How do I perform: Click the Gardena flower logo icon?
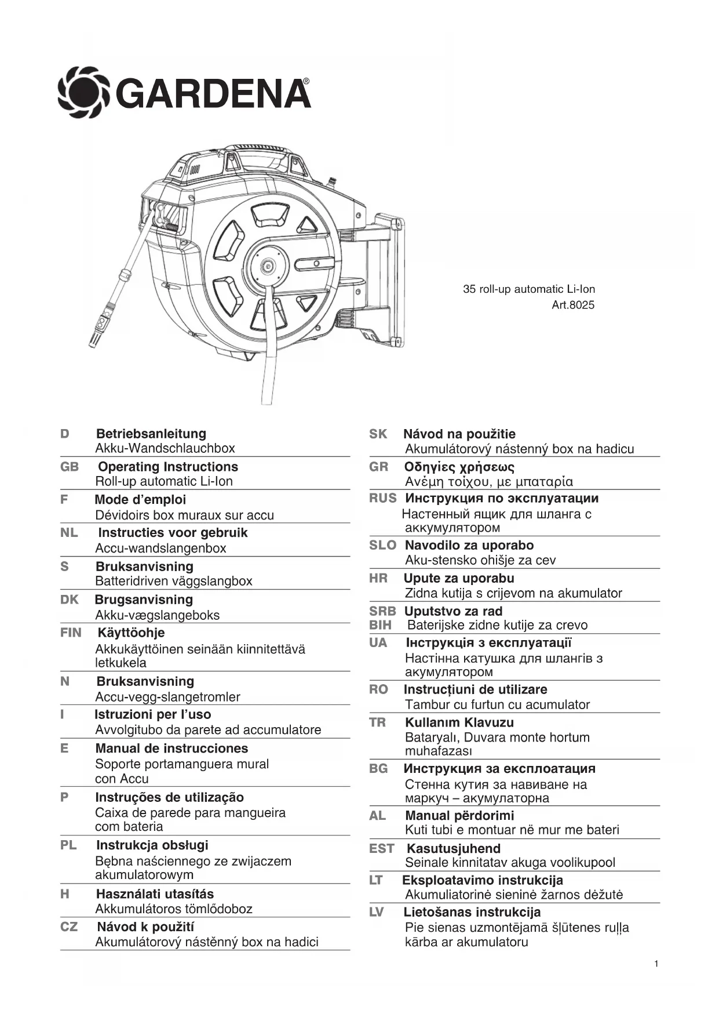point(84,93)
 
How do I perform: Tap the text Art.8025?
point(572,305)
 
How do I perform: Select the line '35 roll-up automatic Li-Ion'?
point(528,289)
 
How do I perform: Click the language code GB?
point(70,467)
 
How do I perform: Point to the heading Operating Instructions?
point(168,467)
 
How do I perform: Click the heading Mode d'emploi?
point(140,500)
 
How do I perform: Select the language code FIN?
point(71,633)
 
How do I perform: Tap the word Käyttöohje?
point(131,633)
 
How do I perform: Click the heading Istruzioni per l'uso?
point(153,714)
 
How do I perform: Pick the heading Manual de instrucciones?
point(171,748)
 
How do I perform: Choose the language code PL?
point(68,845)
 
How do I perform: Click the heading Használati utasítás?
point(155,894)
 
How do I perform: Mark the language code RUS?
point(383,498)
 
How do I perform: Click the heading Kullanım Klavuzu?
point(459,722)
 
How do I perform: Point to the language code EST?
point(382,848)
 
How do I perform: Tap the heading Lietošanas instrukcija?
point(472,912)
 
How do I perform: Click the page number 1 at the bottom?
point(656,964)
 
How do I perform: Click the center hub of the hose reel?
point(268,266)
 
